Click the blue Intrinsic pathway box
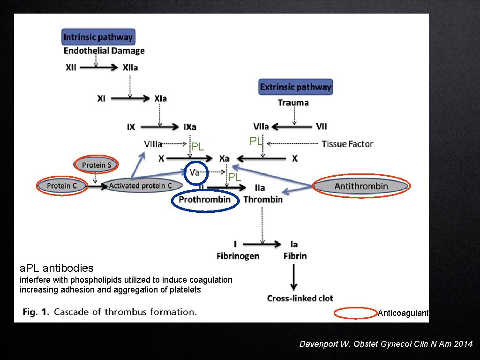point(98,37)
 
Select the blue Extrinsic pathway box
point(295,87)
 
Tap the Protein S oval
point(96,165)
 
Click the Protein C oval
point(61,186)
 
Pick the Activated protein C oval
point(140,186)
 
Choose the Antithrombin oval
point(361,186)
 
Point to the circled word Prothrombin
point(205,200)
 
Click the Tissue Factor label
point(347,144)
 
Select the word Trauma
point(293,103)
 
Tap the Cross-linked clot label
point(300,298)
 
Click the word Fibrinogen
point(238,256)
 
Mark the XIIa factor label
point(130,67)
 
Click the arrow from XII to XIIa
point(99,67)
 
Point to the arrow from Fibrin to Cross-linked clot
point(293,278)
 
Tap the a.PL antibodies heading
point(57,268)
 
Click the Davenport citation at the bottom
point(386,344)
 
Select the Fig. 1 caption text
point(110,312)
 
